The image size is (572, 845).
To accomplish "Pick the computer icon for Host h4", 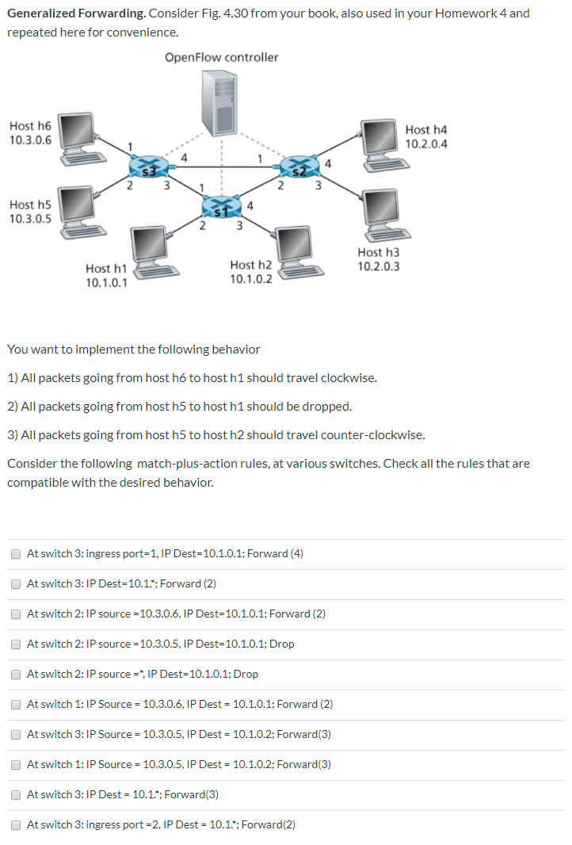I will click(x=381, y=144).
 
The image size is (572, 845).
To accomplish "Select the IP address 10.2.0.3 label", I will click(x=379, y=266).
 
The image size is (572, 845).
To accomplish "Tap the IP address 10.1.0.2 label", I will click(x=251, y=279).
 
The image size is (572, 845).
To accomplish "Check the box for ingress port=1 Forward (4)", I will click(x=16, y=553).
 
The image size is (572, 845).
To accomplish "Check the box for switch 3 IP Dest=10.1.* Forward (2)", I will click(x=16, y=583).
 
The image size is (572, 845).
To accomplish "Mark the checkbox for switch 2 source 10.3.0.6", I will click(x=16, y=614).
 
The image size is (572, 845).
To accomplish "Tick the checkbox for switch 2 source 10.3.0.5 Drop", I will click(x=16, y=644).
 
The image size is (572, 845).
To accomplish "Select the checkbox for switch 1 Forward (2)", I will click(x=16, y=704).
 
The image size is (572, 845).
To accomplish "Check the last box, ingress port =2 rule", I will click(x=16, y=824).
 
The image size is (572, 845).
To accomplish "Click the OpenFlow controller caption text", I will click(x=222, y=57).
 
